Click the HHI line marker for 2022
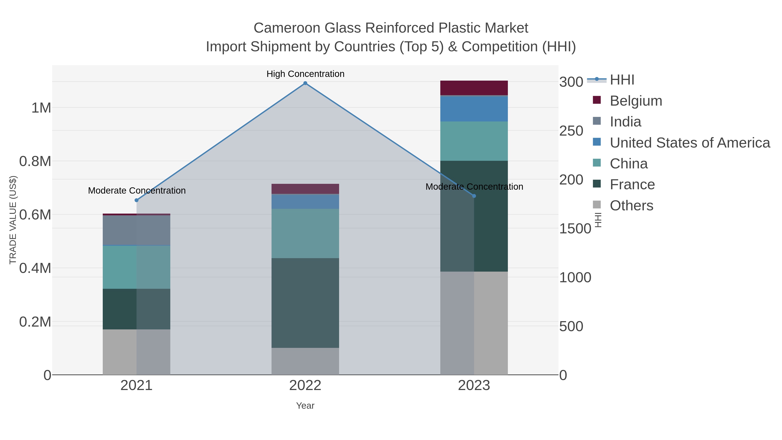click(x=305, y=83)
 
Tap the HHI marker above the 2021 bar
click(x=136, y=200)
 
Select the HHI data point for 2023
click(x=474, y=196)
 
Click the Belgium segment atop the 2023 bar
click(x=474, y=88)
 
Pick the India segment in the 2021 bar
click(x=136, y=230)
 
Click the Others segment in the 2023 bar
click(x=474, y=323)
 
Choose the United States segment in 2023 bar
click(x=474, y=109)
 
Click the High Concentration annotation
click(x=305, y=74)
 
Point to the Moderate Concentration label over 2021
click(x=137, y=190)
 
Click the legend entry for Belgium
click(x=636, y=101)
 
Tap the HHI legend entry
click(x=622, y=80)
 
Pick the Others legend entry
click(x=631, y=206)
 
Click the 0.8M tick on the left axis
click(x=35, y=161)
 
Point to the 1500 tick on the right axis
click(x=575, y=228)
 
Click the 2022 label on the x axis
click(x=305, y=386)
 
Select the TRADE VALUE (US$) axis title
click(x=13, y=220)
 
